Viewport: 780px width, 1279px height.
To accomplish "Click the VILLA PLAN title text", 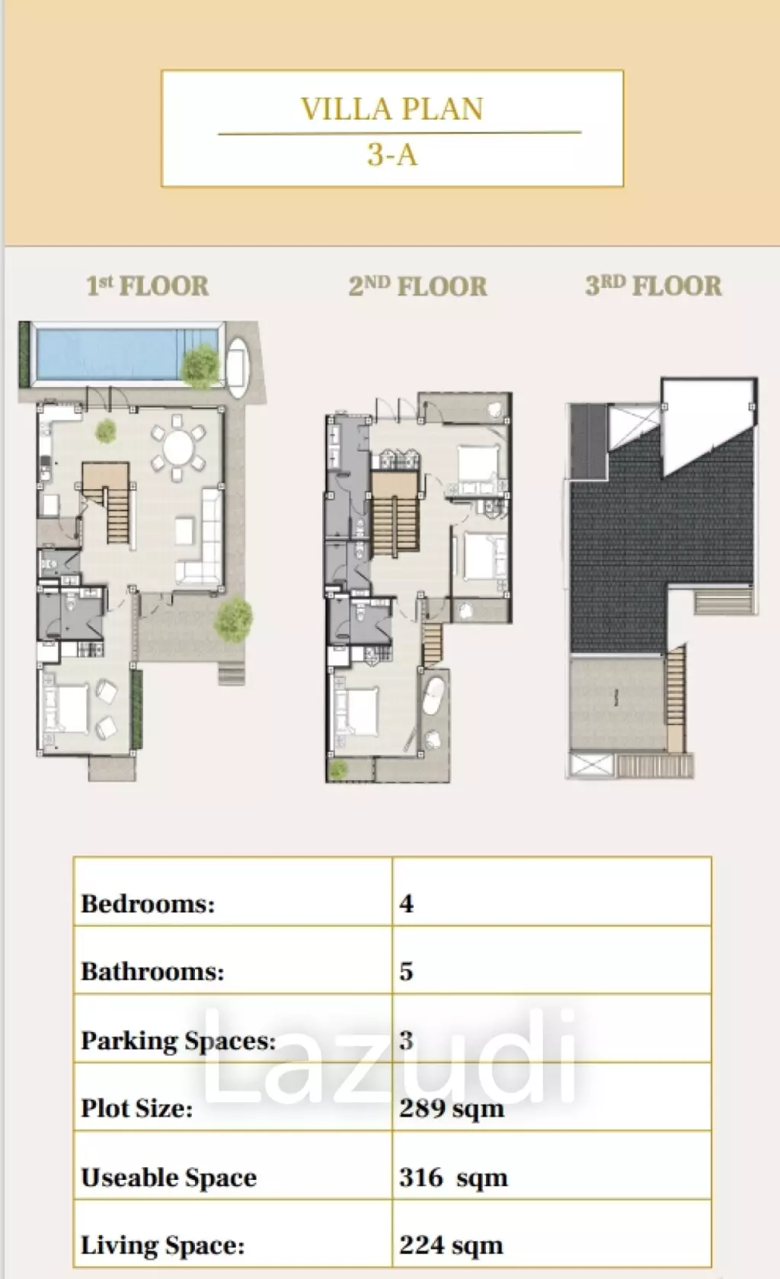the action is pos(392,108).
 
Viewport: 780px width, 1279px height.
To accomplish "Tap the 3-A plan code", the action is pos(392,154).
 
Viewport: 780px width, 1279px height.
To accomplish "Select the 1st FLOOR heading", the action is pos(147,286).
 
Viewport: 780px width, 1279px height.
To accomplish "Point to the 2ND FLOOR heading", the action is pos(417,286).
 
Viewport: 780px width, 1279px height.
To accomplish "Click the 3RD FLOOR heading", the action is pos(654,286).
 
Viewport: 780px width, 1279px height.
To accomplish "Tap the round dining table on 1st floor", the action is pos(178,448).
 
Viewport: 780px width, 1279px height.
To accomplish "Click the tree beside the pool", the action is pos(200,366).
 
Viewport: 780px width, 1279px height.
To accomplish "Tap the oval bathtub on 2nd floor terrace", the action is pos(433,696).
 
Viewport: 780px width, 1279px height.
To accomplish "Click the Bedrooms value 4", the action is pos(407,903).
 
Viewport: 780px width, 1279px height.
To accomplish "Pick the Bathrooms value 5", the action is pos(407,972).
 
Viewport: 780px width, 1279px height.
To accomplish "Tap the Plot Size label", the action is pos(137,1108).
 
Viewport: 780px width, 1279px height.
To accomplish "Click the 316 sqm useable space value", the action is pos(453,1177).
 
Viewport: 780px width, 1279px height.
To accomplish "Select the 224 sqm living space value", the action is pos(451,1245).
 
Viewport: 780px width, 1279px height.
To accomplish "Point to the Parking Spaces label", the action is pos(179,1041).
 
